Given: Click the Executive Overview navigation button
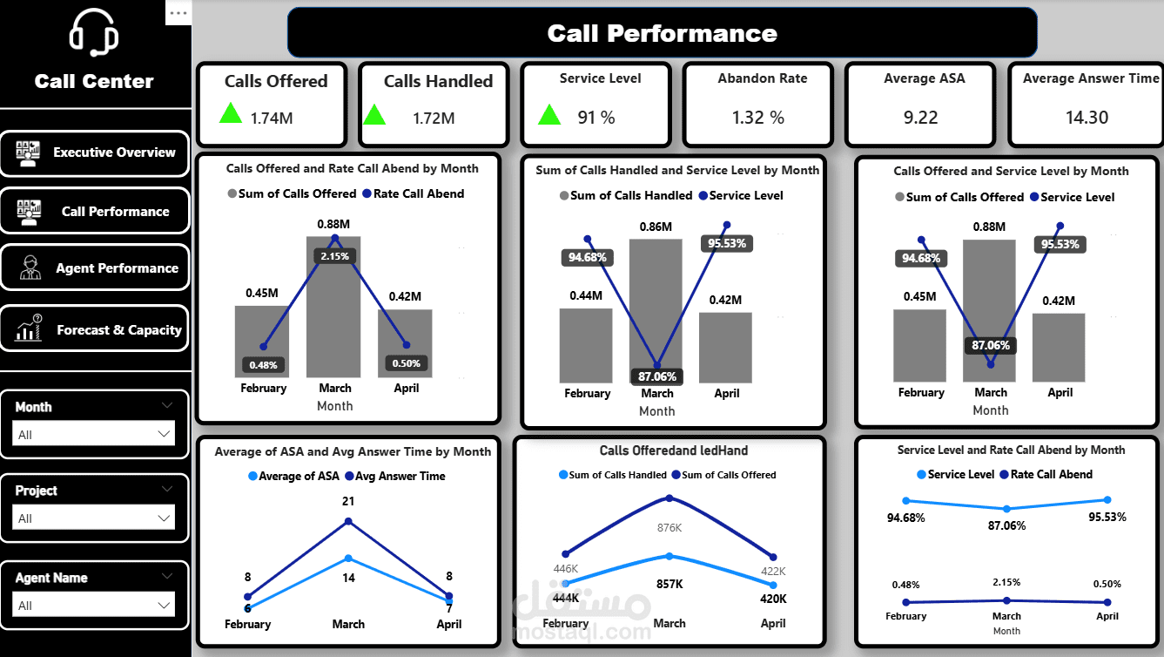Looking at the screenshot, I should [x=94, y=152].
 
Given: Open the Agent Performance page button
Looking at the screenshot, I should [x=94, y=268].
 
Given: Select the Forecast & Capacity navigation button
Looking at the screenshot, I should [x=94, y=329].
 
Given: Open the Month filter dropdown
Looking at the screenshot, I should [x=94, y=434].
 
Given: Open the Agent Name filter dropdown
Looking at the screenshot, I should [x=94, y=605].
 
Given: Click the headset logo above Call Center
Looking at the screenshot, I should [x=94, y=34].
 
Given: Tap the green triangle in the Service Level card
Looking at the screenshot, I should [x=549, y=115].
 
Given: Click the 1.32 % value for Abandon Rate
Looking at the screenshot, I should [x=758, y=117].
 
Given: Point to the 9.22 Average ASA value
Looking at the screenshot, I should [x=920, y=117].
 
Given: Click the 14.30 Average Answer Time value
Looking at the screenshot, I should [x=1087, y=117].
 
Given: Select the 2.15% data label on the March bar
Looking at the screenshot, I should [x=334, y=256].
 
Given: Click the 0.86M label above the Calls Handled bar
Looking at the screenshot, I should [x=656, y=227].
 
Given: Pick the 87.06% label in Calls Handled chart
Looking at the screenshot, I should [x=656, y=376].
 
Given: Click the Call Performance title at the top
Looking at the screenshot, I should [x=662, y=33].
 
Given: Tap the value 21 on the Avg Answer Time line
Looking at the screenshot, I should [x=348, y=501].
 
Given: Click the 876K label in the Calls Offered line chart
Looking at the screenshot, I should [x=669, y=527].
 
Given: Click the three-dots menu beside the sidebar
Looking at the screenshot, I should [x=178, y=13].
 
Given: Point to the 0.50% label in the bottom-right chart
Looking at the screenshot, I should [x=1107, y=584].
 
